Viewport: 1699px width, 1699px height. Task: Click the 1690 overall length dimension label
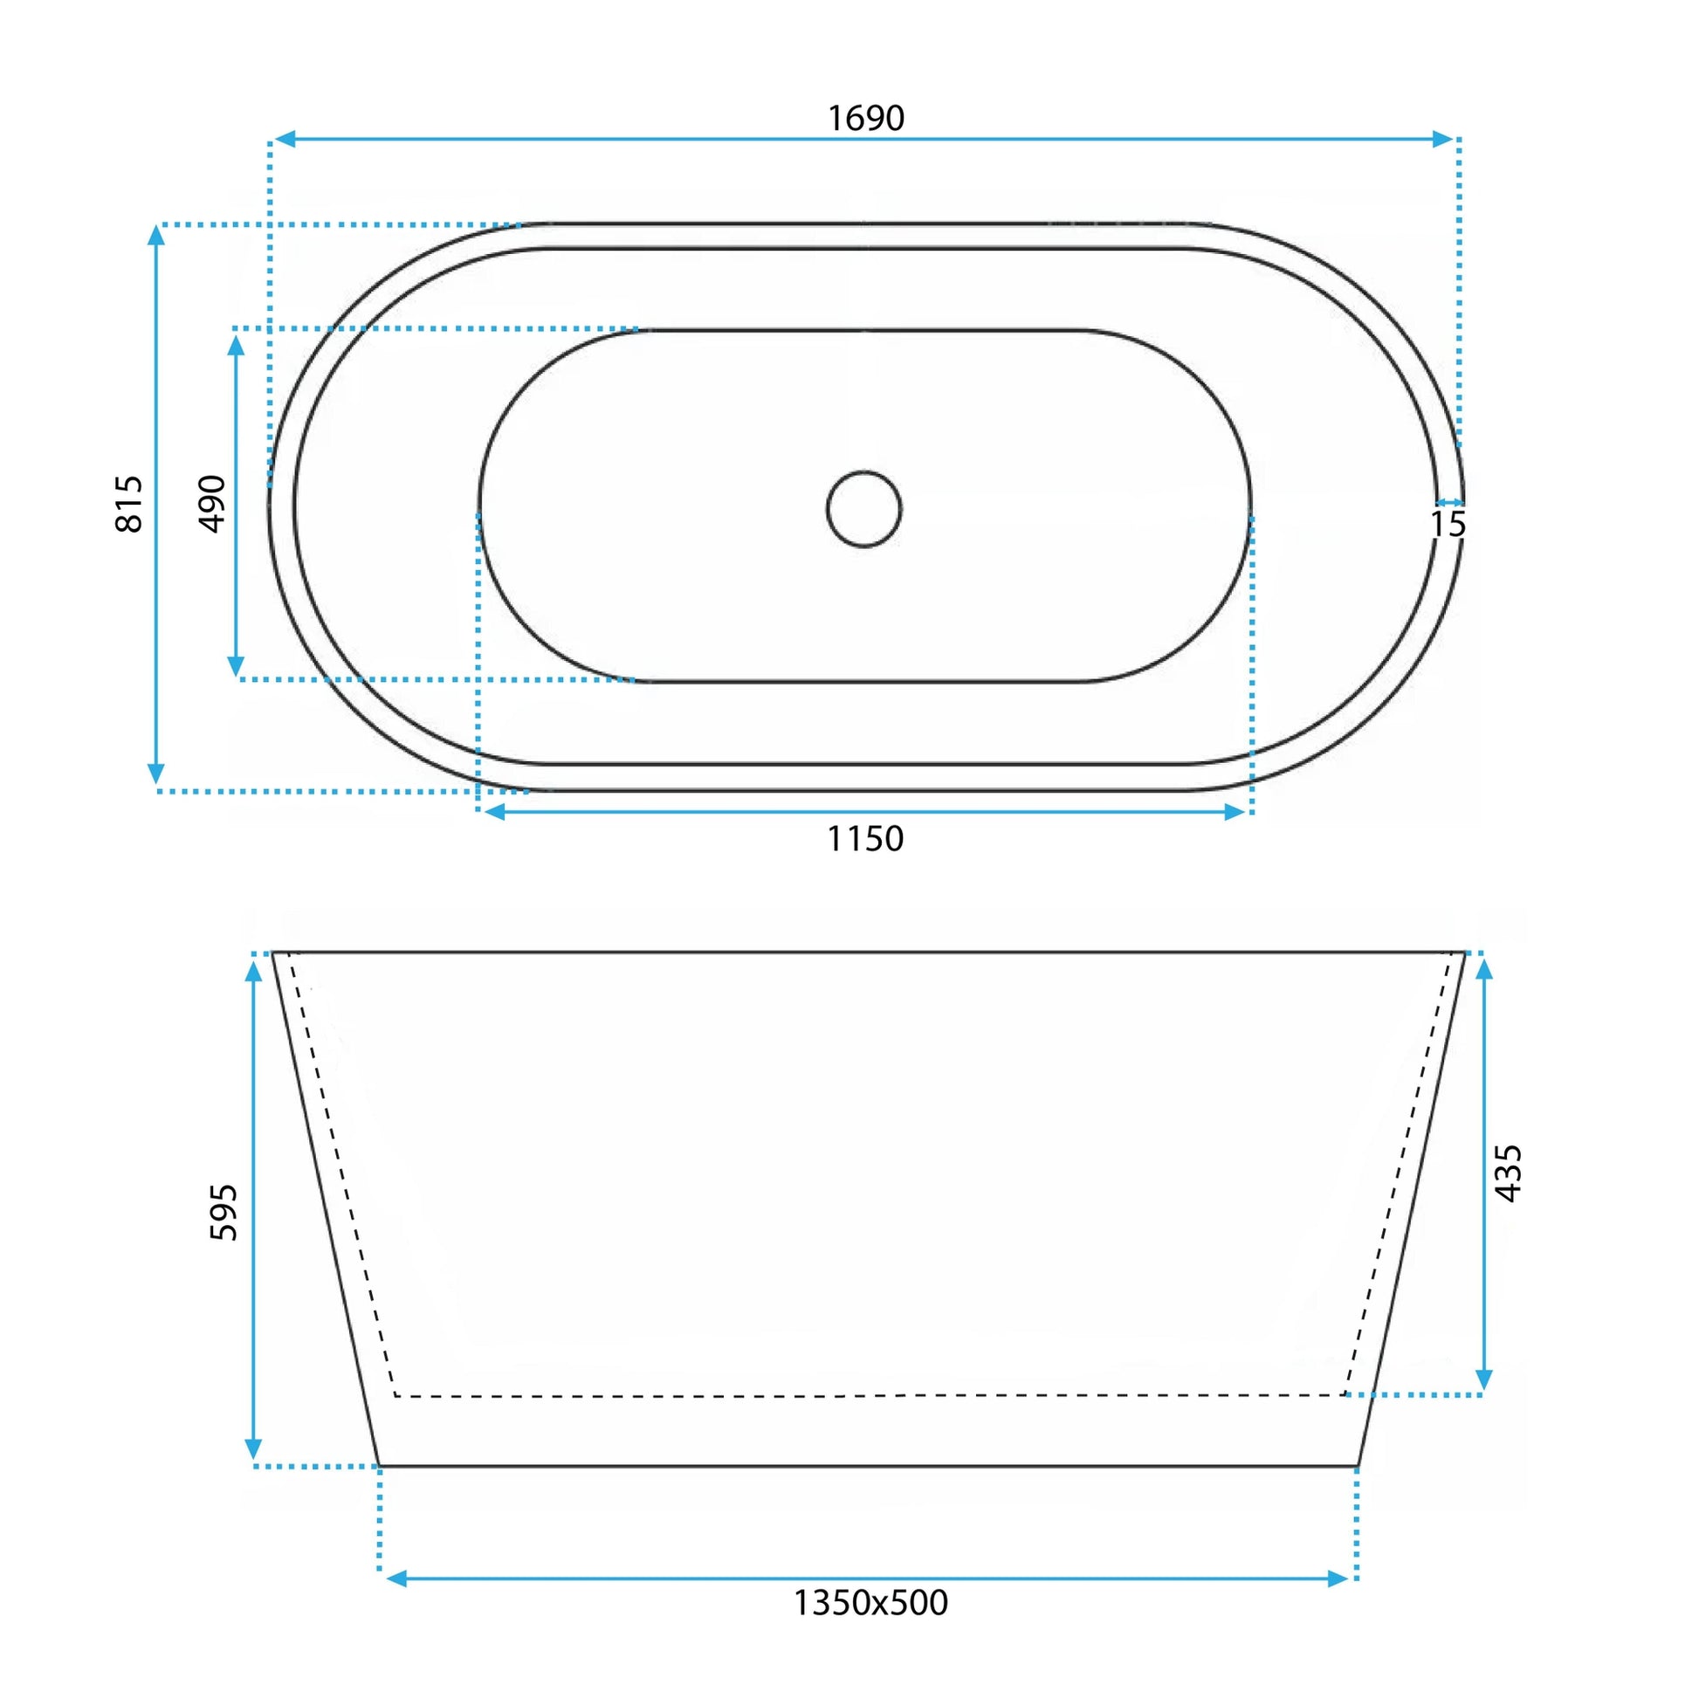(x=866, y=118)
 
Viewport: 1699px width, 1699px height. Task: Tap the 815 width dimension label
(x=129, y=504)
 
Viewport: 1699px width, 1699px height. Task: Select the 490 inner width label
(x=212, y=504)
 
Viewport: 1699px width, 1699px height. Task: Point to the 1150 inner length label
(x=865, y=839)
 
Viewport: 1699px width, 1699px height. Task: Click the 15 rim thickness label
(x=1448, y=524)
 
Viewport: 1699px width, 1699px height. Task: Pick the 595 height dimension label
(x=224, y=1212)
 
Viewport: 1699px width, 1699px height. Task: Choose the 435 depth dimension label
(x=1508, y=1173)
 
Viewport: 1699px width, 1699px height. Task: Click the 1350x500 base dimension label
(x=870, y=1602)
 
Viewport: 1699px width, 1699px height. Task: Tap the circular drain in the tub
(x=863, y=508)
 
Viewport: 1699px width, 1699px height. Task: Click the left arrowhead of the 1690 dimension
(x=284, y=138)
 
